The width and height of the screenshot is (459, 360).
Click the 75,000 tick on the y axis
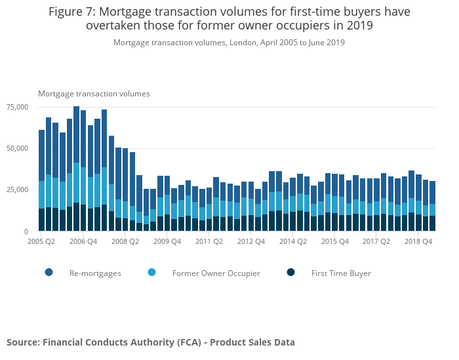pyautogui.click(x=17, y=107)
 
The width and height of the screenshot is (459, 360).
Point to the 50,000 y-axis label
pyautogui.click(x=17, y=148)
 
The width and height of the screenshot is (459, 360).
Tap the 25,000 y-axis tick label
pyautogui.click(x=17, y=190)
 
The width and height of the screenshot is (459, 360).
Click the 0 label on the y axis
pyautogui.click(x=26, y=231)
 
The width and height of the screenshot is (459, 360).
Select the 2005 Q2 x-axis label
pyautogui.click(x=41, y=241)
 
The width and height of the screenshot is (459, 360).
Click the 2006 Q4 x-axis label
pyautogui.click(x=83, y=241)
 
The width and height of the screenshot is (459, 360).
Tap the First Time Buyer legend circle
pyautogui.click(x=291, y=272)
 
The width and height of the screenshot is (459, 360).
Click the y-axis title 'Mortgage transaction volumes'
pyautogui.click(x=94, y=94)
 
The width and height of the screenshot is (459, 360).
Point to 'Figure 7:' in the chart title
pyautogui.click(x=72, y=12)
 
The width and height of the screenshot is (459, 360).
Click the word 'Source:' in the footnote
pyautogui.click(x=23, y=342)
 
